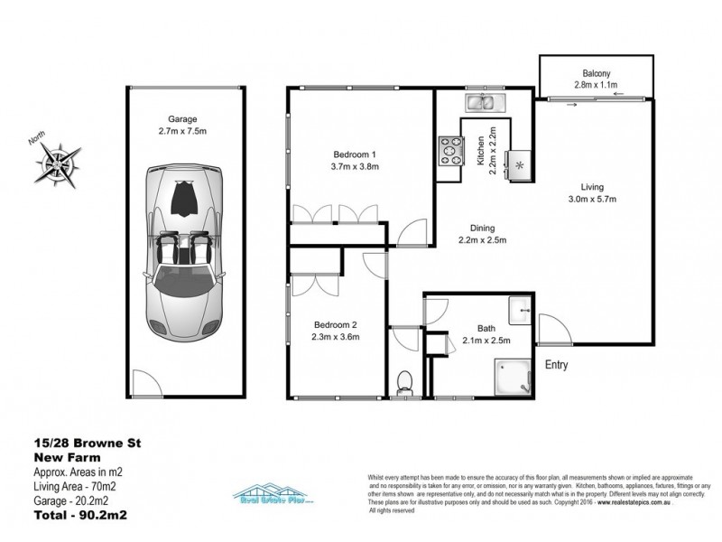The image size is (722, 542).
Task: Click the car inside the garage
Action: click(x=183, y=244)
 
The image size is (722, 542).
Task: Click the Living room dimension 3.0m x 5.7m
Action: click(x=592, y=199)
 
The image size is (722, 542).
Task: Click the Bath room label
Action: click(x=486, y=329)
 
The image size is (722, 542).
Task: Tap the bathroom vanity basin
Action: click(x=521, y=309)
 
